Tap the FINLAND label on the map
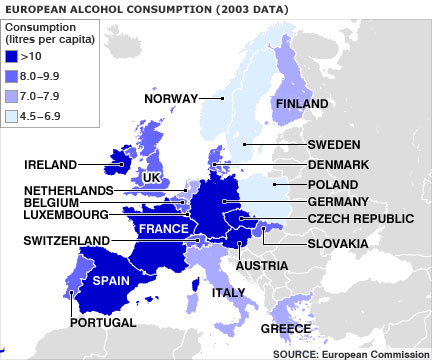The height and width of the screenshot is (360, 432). click(302, 104)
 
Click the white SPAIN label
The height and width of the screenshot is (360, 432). click(112, 282)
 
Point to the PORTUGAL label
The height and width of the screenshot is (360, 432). click(102, 324)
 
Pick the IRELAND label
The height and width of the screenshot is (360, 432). click(50, 163)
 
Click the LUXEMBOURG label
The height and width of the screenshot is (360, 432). click(66, 213)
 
